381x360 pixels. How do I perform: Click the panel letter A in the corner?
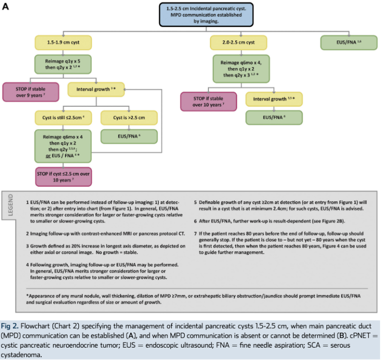(x=7, y=7)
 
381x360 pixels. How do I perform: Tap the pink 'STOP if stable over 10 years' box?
(x=208, y=101)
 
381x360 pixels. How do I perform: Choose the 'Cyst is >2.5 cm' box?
(x=129, y=118)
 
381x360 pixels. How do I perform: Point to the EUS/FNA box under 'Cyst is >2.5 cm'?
(x=129, y=136)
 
